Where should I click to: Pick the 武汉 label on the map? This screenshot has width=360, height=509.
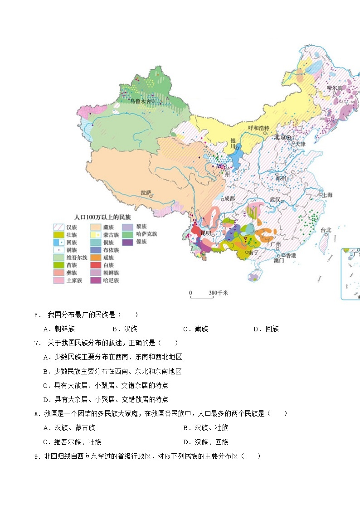point(275,199)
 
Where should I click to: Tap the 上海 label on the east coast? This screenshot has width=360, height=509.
point(328,195)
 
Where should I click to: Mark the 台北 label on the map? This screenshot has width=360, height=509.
point(326,230)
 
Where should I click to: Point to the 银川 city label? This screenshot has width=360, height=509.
point(233,143)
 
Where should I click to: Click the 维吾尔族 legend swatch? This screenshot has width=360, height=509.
point(59,257)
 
